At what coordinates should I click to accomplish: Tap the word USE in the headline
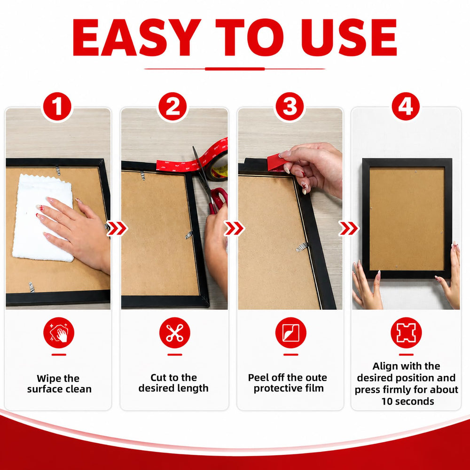tap(349, 38)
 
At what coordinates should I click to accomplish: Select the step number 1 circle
tap(57, 106)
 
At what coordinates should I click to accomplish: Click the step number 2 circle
tap(172, 106)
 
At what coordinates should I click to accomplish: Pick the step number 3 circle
tap(290, 106)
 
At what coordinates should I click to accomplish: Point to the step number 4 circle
tap(406, 106)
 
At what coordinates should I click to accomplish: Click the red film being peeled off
tap(276, 163)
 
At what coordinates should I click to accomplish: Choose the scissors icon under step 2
tap(175, 333)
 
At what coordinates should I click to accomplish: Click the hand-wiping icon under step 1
tap(59, 333)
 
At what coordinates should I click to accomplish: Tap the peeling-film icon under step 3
tap(291, 333)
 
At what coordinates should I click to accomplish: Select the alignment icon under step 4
tap(406, 333)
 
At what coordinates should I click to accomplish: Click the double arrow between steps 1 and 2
tap(117, 228)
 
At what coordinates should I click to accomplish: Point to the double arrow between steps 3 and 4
tap(349, 228)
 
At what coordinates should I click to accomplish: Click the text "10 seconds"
tap(407, 401)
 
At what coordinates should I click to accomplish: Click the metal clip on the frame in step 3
tap(302, 247)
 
